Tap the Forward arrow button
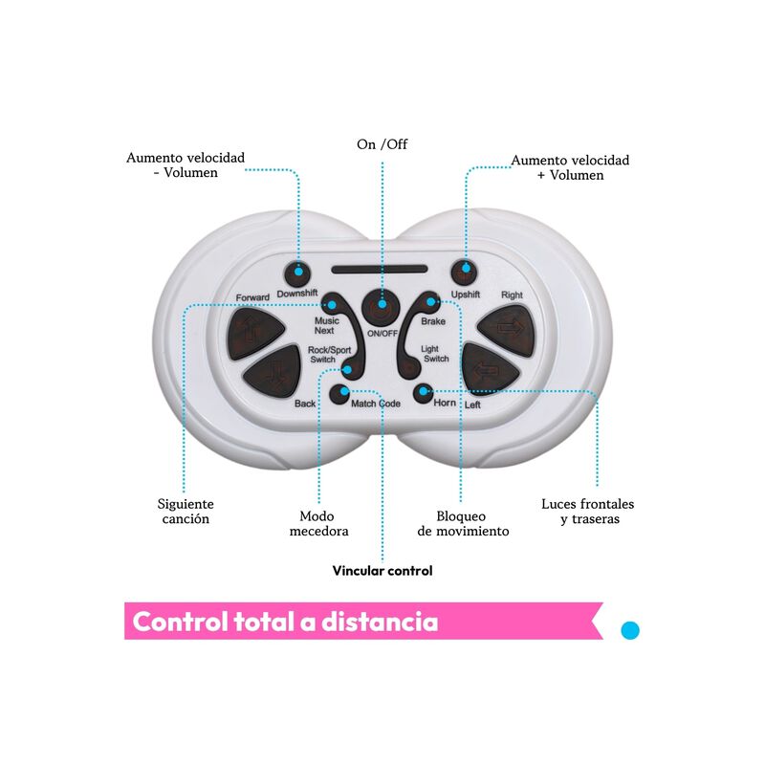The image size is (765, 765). coord(254,333)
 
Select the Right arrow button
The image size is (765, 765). coord(509,330)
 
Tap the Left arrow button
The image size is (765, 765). coord(489,369)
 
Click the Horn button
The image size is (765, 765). coord(423,393)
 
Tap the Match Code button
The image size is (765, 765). coord(339,394)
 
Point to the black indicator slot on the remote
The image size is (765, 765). coord(379,269)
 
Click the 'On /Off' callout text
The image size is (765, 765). coord(382,144)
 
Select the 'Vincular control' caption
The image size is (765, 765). coord(382,571)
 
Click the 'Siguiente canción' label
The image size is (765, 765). coord(186,512)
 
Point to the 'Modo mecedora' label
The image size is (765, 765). coord(318,523)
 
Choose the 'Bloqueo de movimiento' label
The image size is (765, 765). coord(463,523)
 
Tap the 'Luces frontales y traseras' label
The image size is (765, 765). coord(588,512)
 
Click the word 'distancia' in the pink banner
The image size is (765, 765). coord(380,622)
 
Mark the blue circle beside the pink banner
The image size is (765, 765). coord(630,630)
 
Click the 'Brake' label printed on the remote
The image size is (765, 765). coord(433,321)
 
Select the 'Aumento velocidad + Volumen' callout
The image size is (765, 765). coord(570,167)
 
